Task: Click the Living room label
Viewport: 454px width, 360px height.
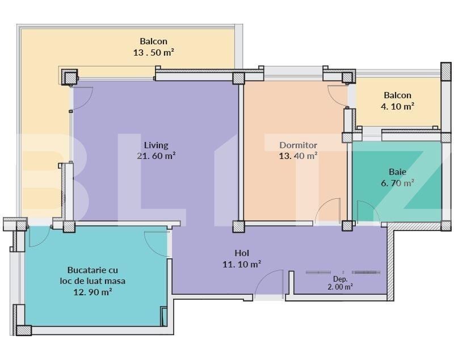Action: [x=155, y=145]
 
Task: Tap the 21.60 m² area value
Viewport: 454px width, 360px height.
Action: [x=155, y=156]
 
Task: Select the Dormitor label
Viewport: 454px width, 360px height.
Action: [x=298, y=145]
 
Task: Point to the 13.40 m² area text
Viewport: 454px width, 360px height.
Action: [x=298, y=156]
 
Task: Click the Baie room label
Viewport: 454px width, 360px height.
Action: [x=397, y=171]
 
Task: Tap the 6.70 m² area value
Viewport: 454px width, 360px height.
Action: [x=397, y=182]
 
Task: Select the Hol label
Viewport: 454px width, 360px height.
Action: [x=242, y=253]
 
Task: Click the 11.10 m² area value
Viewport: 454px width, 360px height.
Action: [x=242, y=263]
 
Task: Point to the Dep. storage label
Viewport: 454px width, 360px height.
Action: [x=340, y=279]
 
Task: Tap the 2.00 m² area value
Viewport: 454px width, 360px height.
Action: [x=340, y=287]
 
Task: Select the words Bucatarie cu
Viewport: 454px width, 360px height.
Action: [x=93, y=270]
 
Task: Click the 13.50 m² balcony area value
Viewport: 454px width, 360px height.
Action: [x=154, y=52]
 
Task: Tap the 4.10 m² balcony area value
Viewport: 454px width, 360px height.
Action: [x=397, y=106]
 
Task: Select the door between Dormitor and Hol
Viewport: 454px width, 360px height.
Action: [x=328, y=211]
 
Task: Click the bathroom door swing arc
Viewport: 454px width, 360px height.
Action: [x=368, y=211]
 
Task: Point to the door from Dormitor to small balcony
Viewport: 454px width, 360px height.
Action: [x=338, y=95]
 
